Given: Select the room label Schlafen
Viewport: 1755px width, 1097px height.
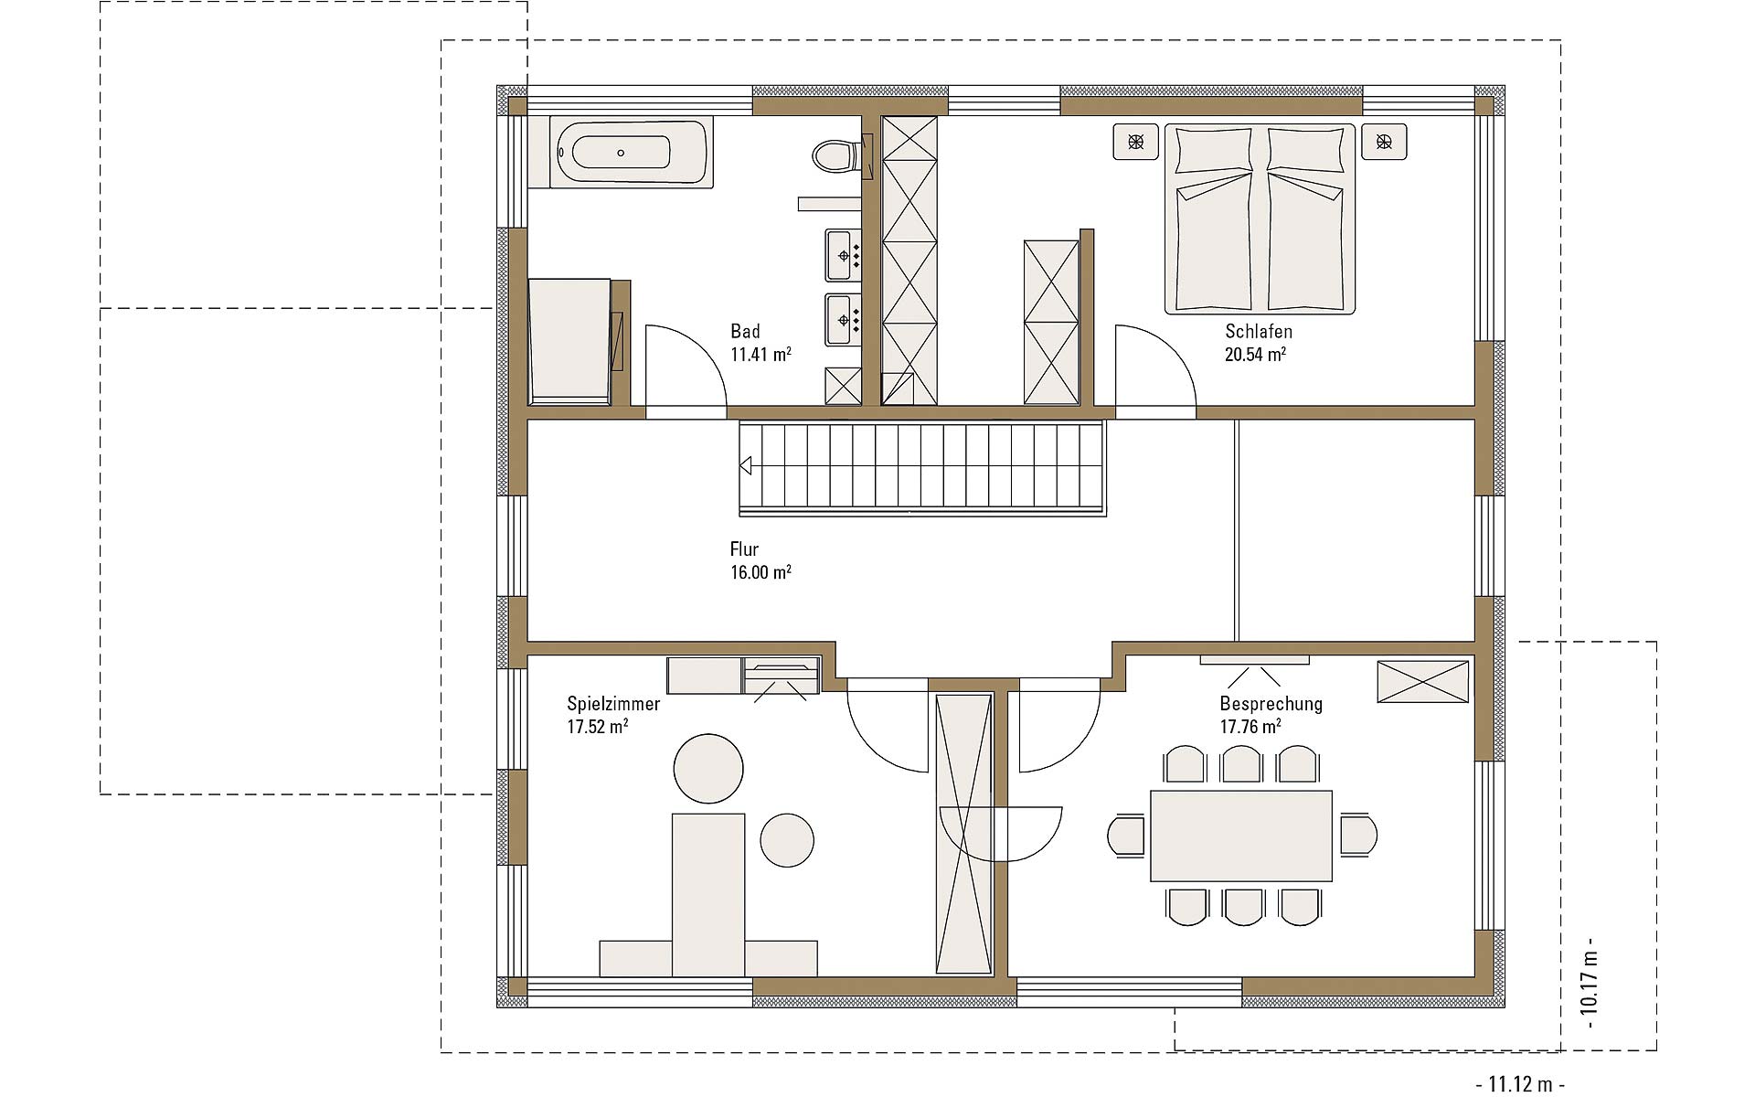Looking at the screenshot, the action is [1259, 331].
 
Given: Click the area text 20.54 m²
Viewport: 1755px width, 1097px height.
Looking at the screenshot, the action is [1255, 354].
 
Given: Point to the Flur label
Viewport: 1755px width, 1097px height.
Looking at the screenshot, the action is [744, 549].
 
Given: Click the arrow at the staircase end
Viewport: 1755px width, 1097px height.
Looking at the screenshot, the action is [745, 466].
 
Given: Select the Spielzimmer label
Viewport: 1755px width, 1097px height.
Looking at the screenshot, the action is [613, 704].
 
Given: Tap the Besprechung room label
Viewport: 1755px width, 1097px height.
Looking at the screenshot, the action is [1271, 704].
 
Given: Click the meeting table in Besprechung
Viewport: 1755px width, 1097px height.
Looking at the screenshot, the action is [1241, 836].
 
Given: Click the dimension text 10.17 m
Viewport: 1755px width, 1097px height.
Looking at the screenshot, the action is [1590, 983].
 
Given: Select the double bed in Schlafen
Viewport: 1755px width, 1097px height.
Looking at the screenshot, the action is [1260, 219].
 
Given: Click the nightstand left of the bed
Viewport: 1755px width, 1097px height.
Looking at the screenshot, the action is [1135, 142].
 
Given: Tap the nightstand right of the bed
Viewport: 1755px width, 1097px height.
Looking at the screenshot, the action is [1384, 142].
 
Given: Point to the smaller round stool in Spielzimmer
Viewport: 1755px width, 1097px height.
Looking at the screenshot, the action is [786, 840].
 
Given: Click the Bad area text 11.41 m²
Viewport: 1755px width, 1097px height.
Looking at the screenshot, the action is [760, 354].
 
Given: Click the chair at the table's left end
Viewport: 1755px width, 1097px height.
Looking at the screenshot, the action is [1126, 836].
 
